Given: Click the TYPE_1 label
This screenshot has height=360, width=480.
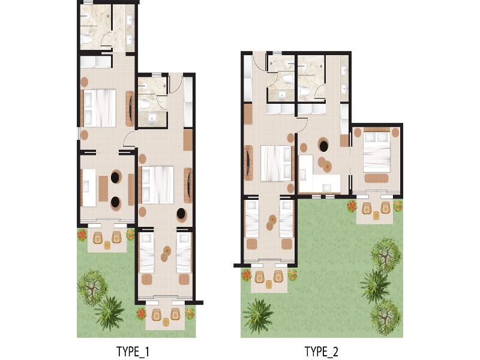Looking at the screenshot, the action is point(133,352).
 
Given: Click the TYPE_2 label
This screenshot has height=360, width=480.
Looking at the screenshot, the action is point(322,352).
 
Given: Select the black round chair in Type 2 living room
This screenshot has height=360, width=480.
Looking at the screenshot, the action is point(323,145).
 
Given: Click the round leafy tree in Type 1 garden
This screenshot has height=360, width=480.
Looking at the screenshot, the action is point(92,287).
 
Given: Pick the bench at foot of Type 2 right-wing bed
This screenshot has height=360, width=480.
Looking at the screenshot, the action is point(376,178).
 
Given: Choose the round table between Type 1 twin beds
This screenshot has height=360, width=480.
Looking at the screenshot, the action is point(166,254).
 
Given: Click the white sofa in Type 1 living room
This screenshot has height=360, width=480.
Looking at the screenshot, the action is point(89,187).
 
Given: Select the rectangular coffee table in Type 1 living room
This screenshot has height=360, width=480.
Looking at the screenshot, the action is point(103,188).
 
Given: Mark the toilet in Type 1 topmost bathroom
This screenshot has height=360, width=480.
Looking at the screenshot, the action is point(86,39).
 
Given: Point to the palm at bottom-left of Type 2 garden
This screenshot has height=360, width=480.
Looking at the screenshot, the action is point(257,316).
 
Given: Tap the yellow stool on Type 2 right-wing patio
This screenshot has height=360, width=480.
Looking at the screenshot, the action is point(376,216).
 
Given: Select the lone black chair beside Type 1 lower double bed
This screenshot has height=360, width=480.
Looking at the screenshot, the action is point(181,213).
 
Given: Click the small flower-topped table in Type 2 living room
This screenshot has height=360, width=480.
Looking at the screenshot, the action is point(328,167).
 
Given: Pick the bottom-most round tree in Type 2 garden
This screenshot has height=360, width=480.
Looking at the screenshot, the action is point(386,317).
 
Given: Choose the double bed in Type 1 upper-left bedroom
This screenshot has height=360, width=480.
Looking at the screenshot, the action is point(100,108).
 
